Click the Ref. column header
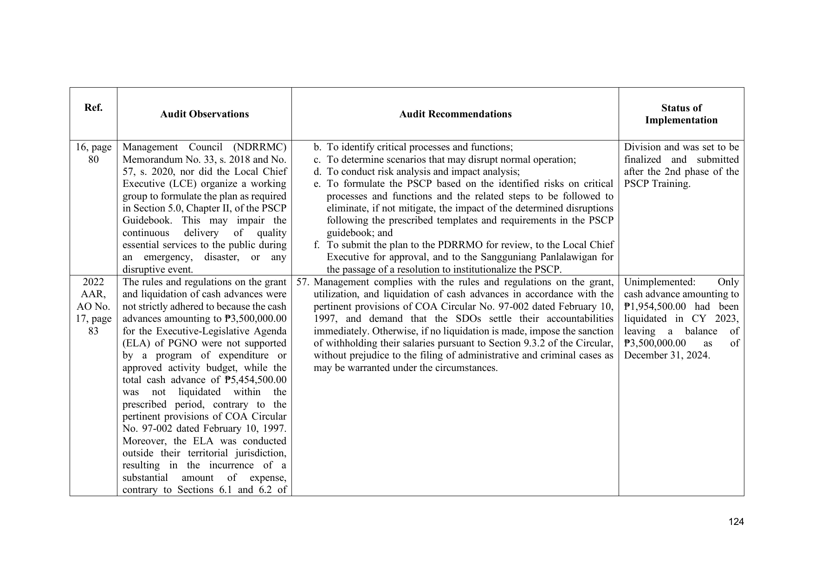pos(93,108)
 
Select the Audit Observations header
pos(204,114)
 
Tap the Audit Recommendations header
pos(455,114)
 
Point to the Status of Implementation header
pos(681,114)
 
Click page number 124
pos(736,522)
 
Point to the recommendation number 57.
pos(302,282)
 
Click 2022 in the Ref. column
pos(93,282)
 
